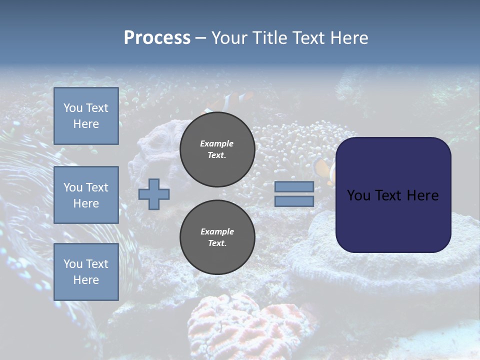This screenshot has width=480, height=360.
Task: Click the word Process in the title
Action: pyautogui.click(x=157, y=38)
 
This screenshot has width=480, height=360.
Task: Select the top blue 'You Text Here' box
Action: pyautogui.click(x=86, y=116)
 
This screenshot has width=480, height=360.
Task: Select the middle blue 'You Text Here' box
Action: pyautogui.click(x=86, y=195)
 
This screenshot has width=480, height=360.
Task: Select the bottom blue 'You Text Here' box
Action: pyautogui.click(x=86, y=272)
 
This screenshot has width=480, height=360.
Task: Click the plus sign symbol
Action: pyautogui.click(x=154, y=194)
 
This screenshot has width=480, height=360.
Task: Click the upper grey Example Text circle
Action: pyautogui.click(x=217, y=149)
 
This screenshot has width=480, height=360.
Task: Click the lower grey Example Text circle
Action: pyautogui.click(x=217, y=237)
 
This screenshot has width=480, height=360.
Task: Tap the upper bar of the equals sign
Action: pyautogui.click(x=294, y=186)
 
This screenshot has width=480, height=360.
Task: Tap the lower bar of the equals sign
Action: pyautogui.click(x=294, y=201)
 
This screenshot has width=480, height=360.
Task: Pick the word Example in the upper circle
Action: pyautogui.click(x=217, y=143)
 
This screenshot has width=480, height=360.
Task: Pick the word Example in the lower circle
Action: pyautogui.click(x=217, y=231)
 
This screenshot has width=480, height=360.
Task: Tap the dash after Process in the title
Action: pyautogui.click(x=201, y=38)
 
